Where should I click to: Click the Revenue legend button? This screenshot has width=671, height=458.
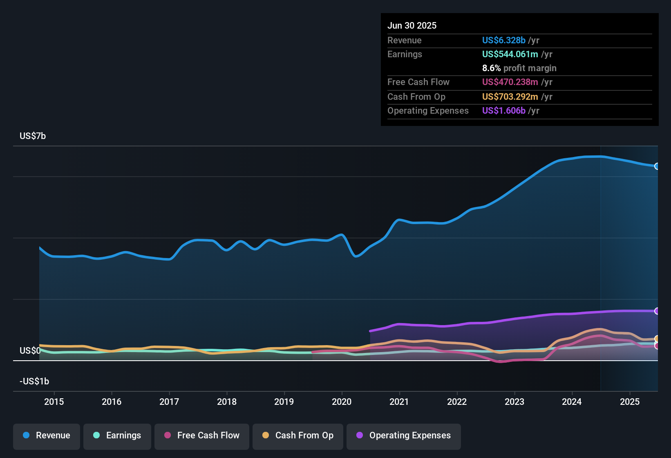tap(47, 436)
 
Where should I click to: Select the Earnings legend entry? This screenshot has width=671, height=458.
tap(117, 436)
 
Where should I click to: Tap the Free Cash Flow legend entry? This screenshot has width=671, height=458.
tap(202, 436)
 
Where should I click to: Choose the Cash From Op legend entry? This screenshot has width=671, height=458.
tap(298, 436)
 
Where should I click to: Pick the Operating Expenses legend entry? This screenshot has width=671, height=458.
tap(404, 436)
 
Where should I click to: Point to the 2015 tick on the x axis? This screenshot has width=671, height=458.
tap(54, 402)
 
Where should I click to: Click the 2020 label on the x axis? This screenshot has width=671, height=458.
tap(342, 402)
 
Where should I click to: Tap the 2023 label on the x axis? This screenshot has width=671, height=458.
tap(514, 402)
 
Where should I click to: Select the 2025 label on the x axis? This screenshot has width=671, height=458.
tap(630, 402)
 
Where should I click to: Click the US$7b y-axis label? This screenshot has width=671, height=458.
tap(33, 136)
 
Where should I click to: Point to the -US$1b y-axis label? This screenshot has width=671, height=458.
tap(34, 381)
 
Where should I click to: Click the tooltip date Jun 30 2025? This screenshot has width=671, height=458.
tap(412, 25)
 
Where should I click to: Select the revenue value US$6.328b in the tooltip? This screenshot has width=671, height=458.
tap(503, 40)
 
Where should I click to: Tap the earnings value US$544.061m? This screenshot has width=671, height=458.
tap(510, 54)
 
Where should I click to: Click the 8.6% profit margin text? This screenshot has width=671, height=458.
tap(519, 68)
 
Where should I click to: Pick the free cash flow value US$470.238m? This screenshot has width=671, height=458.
tap(510, 82)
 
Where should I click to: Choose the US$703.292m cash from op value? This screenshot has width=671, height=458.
tap(510, 97)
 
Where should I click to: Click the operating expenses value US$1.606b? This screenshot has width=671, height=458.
tap(503, 110)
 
